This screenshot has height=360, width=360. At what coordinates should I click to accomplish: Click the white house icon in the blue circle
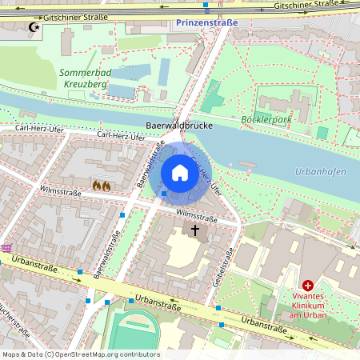click(x=180, y=173)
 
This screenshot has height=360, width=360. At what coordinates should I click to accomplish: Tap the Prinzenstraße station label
click(x=206, y=23)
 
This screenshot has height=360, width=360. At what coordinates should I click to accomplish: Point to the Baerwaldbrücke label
click(x=178, y=126)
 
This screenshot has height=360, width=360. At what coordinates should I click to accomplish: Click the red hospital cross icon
click(x=308, y=286)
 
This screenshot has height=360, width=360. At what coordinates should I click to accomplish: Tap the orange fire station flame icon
click(x=101, y=185)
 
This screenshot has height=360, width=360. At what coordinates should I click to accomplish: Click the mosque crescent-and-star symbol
click(x=33, y=27)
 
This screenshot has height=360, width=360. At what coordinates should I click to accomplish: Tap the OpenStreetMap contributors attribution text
click(x=81, y=354)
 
